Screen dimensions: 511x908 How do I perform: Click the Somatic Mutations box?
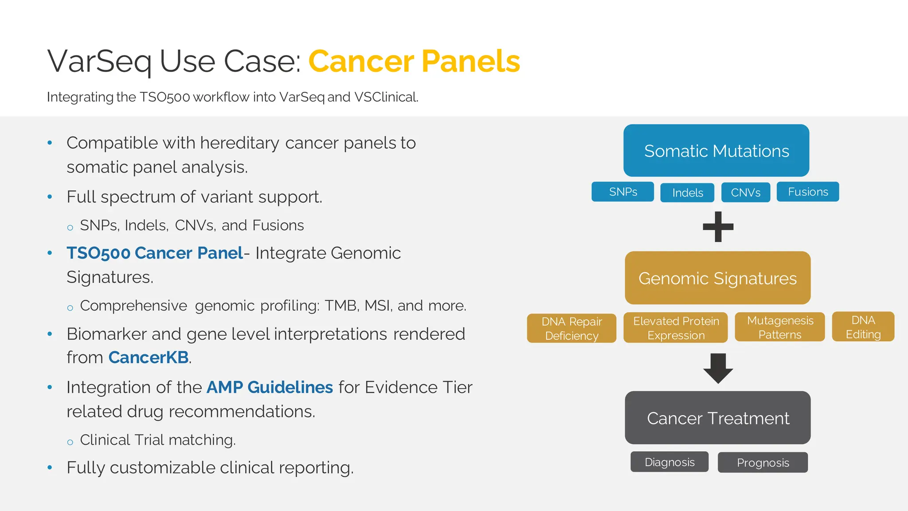click(x=716, y=150)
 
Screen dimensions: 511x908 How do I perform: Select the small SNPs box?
click(x=622, y=192)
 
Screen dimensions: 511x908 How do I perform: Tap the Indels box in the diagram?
click(x=687, y=193)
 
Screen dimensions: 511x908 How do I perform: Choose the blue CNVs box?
click(x=745, y=193)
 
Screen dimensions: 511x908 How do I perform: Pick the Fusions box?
click(x=807, y=192)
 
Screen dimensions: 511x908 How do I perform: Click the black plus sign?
click(x=718, y=227)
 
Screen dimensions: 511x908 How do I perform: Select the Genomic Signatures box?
click(x=717, y=278)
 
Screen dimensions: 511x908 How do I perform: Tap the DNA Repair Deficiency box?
click(x=571, y=328)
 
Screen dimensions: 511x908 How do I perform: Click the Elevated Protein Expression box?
click(x=676, y=328)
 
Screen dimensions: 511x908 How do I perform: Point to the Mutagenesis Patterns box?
click(x=780, y=327)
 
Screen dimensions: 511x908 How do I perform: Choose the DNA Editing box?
click(x=863, y=326)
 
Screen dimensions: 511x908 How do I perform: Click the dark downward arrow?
click(x=718, y=368)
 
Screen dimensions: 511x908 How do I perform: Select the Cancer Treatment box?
click(x=717, y=418)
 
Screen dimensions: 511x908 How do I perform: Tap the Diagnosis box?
click(x=669, y=462)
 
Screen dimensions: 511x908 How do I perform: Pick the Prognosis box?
click(x=763, y=463)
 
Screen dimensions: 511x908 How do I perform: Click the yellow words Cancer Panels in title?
click(x=414, y=61)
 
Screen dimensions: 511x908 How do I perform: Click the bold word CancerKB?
click(x=149, y=358)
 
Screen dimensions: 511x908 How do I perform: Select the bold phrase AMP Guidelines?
click(x=270, y=387)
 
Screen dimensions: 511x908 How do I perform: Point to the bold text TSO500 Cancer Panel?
click(x=155, y=253)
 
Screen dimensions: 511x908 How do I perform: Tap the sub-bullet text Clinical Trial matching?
click(x=157, y=440)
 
